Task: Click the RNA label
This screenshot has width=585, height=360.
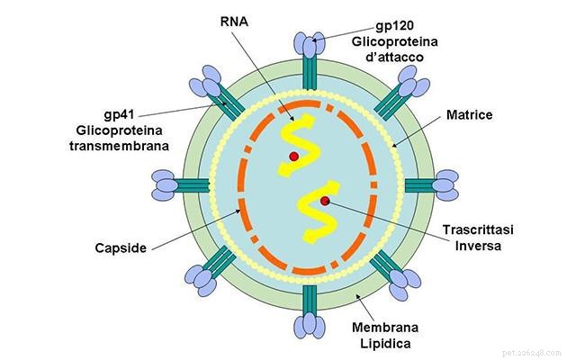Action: pos(234,22)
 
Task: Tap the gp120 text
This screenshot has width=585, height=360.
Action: pos(395,26)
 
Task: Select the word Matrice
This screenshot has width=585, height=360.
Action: pos(469,114)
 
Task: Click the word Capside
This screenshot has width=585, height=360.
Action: pos(121,248)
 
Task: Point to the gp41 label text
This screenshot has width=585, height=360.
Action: pos(119,114)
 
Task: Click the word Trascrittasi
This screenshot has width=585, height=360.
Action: pos(478,229)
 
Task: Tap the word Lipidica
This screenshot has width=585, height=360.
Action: pos(385,343)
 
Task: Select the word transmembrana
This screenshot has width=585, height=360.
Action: pos(119,146)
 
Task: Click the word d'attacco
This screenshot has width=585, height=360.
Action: pos(395,57)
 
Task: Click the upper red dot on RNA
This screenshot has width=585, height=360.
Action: pos(294,157)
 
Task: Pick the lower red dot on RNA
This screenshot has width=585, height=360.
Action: pos(325,201)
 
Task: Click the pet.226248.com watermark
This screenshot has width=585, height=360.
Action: pos(532,353)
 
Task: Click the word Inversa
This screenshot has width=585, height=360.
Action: pos(478,246)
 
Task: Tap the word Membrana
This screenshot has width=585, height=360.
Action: pos(385,328)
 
